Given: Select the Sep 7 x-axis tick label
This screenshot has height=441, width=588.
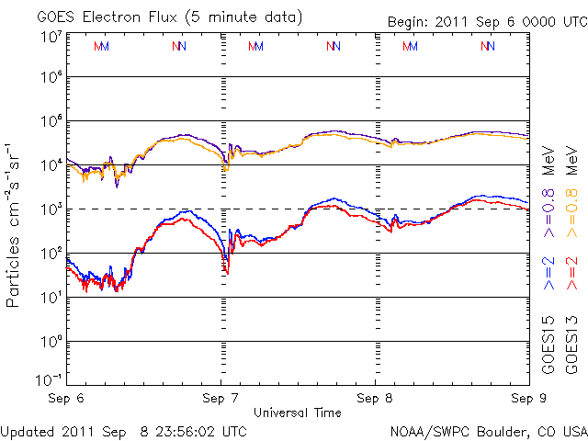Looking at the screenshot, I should click(x=220, y=400).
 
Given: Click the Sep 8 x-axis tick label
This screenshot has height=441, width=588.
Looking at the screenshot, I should click(x=375, y=400).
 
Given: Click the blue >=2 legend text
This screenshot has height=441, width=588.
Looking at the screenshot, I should click(x=549, y=273).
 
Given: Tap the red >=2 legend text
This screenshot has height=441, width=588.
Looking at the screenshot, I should click(x=572, y=273).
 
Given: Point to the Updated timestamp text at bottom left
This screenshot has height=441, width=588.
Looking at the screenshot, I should click(x=123, y=430).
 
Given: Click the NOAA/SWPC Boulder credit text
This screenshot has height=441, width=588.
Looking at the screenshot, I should click(x=487, y=430).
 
